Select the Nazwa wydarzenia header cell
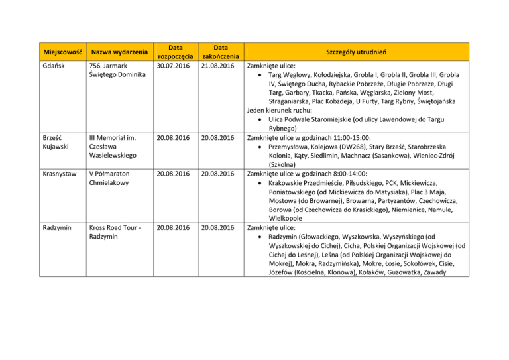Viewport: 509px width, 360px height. click(119, 52)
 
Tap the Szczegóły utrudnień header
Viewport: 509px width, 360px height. click(356, 52)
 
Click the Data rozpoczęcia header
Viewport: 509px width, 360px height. click(175, 52)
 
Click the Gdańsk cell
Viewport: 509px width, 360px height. click(55, 66)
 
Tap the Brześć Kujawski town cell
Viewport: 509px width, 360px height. click(57, 143)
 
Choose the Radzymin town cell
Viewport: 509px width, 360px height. click(59, 227)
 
